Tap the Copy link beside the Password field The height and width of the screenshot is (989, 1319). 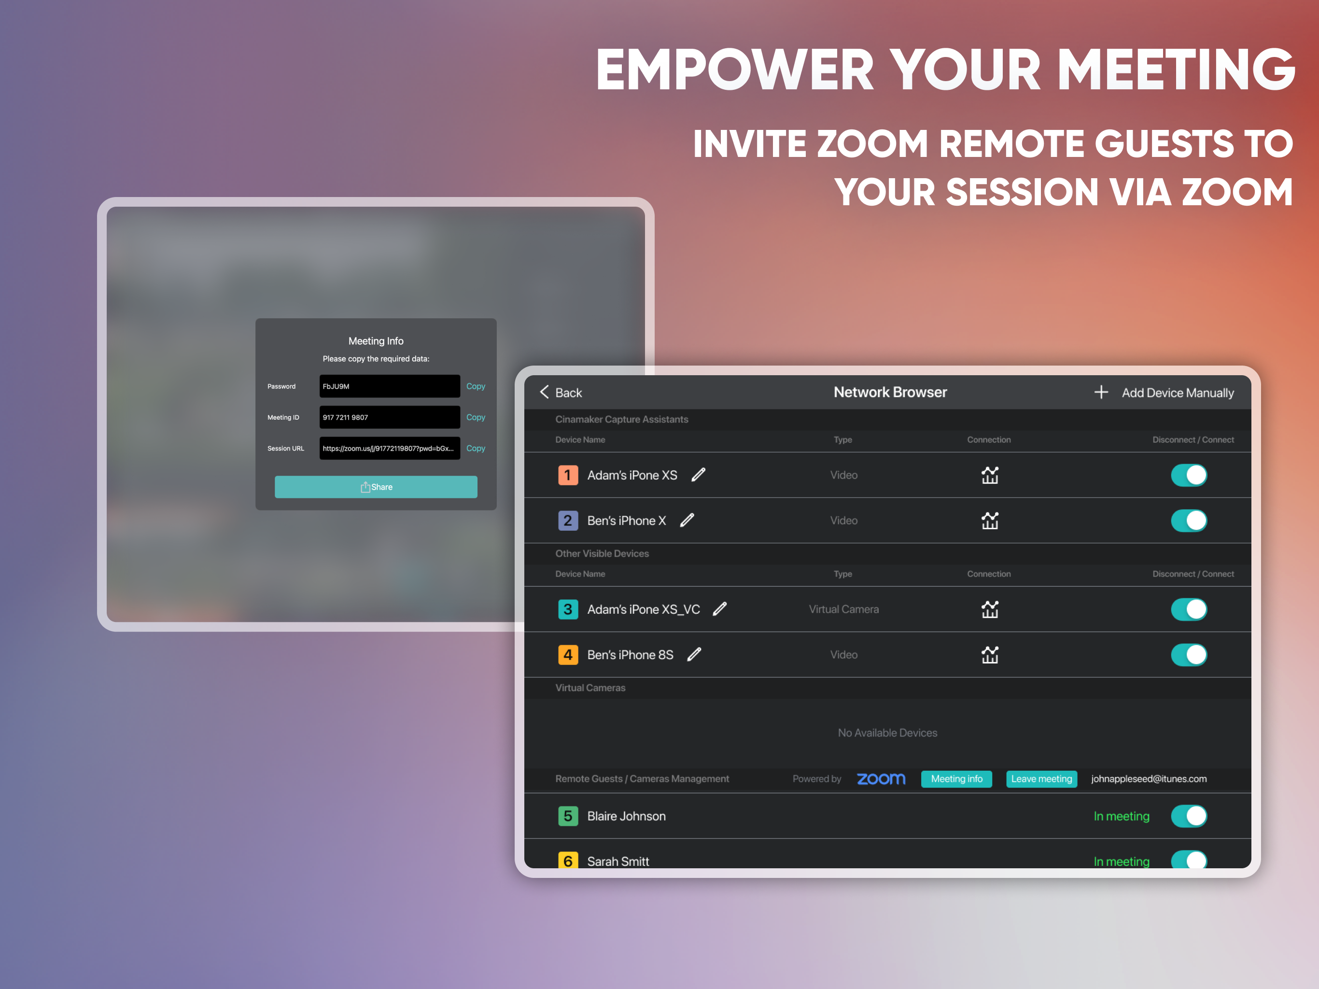point(475,386)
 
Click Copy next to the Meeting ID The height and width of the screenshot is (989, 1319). point(475,418)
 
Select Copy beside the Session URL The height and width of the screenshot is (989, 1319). point(475,449)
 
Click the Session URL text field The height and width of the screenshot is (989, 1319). point(390,449)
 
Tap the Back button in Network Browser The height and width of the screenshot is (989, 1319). point(561,393)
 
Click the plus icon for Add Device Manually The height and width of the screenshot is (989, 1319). point(1101,392)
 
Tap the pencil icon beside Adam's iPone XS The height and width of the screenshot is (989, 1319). point(698,475)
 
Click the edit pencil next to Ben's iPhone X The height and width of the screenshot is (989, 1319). point(687,520)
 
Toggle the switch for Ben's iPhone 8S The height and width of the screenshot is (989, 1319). point(1189,654)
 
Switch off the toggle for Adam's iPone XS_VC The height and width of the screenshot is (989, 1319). point(1189,609)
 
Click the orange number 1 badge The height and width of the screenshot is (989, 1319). point(568,475)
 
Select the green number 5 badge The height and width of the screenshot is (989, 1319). point(568,816)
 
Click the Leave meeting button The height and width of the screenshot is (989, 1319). point(1041,779)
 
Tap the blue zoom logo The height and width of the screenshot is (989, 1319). point(881,779)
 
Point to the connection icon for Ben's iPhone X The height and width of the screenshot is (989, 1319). point(990,520)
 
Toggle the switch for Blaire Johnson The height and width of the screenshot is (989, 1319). point(1189,816)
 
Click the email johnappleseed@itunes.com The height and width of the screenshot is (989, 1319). point(1149,779)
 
